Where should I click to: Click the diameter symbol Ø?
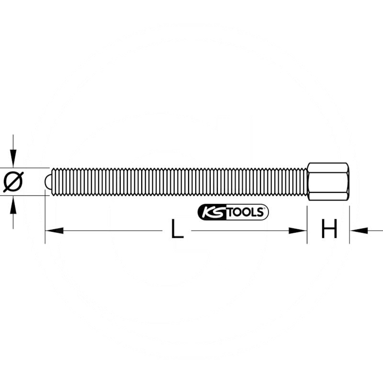click(x=13, y=182)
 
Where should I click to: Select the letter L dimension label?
click(x=177, y=231)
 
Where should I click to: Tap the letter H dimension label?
click(x=329, y=230)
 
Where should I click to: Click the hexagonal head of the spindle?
click(x=328, y=181)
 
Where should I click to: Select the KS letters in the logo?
click(x=211, y=212)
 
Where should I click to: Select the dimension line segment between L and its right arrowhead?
click(x=239, y=231)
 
